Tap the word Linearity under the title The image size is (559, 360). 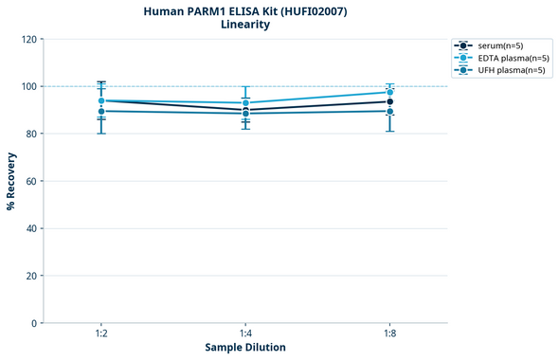click(244, 25)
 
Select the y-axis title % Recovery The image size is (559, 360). click(11, 181)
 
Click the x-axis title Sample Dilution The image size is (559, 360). click(245, 348)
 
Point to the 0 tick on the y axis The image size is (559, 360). click(34, 323)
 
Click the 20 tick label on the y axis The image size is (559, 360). click(31, 276)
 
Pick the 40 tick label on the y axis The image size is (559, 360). click(31, 228)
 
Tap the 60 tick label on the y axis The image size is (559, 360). click(31, 181)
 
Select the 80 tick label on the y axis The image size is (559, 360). click(31, 134)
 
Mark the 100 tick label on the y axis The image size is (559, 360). click(28, 86)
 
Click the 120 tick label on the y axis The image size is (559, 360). click(28, 39)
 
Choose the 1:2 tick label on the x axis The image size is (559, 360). click(101, 334)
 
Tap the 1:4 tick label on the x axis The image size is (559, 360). click(245, 334)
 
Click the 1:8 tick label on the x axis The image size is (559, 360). click(389, 334)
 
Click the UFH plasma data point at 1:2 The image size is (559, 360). click(101, 111)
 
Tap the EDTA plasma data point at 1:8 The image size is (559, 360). click(389, 92)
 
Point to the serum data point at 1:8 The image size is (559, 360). click(389, 101)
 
